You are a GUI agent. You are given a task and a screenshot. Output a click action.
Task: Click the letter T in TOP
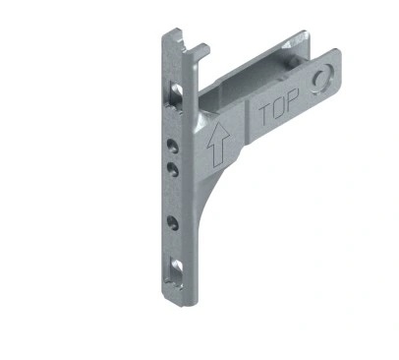tap(265, 114)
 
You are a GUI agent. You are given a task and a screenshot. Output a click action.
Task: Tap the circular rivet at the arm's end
tap(321, 78)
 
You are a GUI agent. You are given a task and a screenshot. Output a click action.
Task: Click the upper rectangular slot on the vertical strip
tap(177, 93)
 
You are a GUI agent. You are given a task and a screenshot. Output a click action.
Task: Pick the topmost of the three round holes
tap(173, 145)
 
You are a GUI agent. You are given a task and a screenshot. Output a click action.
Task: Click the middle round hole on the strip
tap(173, 169)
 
